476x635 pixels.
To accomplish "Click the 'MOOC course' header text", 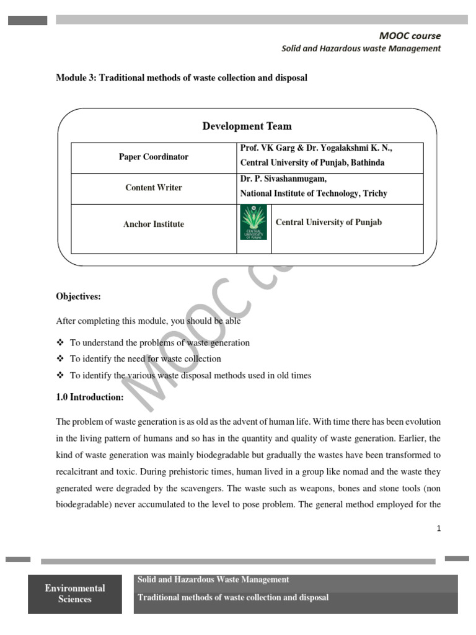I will pyautogui.click(x=410, y=36).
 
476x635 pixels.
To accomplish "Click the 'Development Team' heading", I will pyautogui.click(x=247, y=127).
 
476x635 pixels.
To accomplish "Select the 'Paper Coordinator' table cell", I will pyautogui.click(x=154, y=157).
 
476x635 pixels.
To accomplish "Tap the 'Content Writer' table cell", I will pyautogui.click(x=154, y=187).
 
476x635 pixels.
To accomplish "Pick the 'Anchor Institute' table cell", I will pyautogui.click(x=154, y=224).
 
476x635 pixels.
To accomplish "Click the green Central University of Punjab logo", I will pyautogui.click(x=253, y=222).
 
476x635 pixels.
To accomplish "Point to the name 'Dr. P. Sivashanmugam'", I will pyautogui.click(x=282, y=179).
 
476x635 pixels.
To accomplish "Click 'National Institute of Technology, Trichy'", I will pyautogui.click(x=314, y=193).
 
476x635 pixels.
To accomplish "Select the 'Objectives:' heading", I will pyautogui.click(x=78, y=296).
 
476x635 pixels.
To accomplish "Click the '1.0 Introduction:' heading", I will pyautogui.click(x=90, y=397).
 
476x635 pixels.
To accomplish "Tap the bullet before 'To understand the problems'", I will pyautogui.click(x=60, y=343).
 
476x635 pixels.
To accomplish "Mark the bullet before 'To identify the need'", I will pyautogui.click(x=60, y=359).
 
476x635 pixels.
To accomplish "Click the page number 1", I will pyautogui.click(x=439, y=528).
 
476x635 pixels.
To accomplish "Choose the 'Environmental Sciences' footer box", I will pyautogui.click(x=75, y=593).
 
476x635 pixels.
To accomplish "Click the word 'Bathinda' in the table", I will pyautogui.click(x=365, y=163).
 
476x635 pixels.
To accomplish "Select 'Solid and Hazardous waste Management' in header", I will pyautogui.click(x=361, y=48).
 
